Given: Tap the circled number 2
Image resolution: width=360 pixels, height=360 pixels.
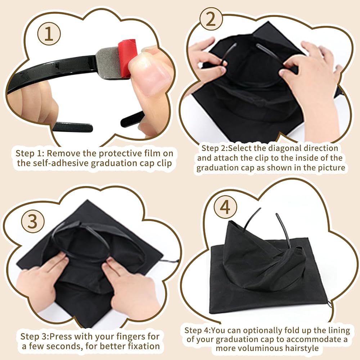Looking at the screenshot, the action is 211,20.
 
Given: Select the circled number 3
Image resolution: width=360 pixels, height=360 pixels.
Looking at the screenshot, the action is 33,222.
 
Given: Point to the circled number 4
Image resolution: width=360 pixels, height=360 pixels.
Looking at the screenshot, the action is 225,207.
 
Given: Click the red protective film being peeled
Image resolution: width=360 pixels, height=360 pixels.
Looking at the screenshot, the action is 128,56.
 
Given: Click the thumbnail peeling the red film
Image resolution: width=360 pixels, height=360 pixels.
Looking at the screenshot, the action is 151,74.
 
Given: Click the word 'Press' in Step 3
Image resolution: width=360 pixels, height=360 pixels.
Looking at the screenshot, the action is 60,337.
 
